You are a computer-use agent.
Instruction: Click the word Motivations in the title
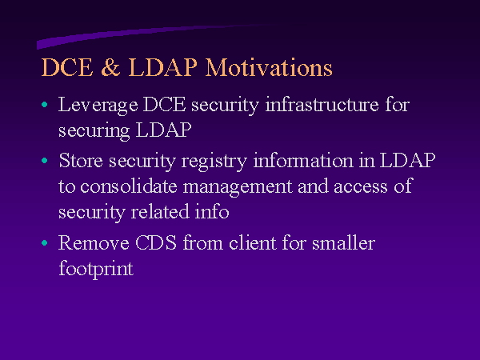pyautogui.click(x=269, y=67)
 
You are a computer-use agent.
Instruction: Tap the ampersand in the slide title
pyautogui.click(x=110, y=66)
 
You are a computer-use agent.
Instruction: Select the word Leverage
pyautogui.click(x=98, y=106)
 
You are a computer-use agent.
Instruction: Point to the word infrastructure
pyautogui.click(x=322, y=104)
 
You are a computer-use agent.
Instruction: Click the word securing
pyautogui.click(x=94, y=131)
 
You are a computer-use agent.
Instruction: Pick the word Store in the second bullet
pyautogui.click(x=81, y=160)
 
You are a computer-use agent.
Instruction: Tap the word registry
pyautogui.click(x=214, y=161)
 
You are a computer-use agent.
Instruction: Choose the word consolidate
pyautogui.click(x=129, y=186)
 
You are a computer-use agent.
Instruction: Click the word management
pyautogui.click(x=238, y=186)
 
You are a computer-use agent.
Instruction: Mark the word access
pyautogui.click(x=361, y=186)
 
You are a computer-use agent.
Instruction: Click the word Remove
pyautogui.click(x=94, y=242)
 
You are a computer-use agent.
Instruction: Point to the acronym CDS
pyautogui.click(x=156, y=242)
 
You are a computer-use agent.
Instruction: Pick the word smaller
pyautogui.click(x=343, y=242)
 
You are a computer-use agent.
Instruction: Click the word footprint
pyautogui.click(x=96, y=269)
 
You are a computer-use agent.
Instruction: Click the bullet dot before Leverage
pyautogui.click(x=45, y=105)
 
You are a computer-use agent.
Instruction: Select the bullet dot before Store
pyautogui.click(x=45, y=161)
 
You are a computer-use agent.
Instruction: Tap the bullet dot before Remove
pyautogui.click(x=45, y=243)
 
